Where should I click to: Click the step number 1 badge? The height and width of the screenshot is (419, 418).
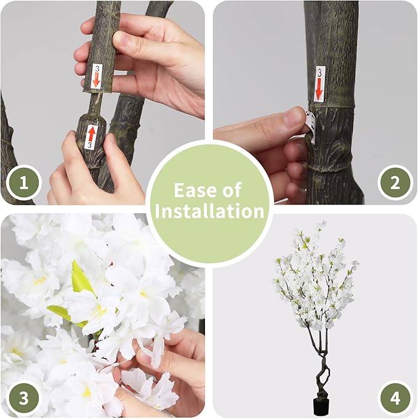tap(23, 182)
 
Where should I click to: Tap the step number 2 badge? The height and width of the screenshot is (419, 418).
tap(395, 182)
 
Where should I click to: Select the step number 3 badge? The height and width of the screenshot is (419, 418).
tap(23, 397)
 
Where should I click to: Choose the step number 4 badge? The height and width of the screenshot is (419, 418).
tap(395, 397)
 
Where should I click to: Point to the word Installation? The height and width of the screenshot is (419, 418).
tap(209, 211)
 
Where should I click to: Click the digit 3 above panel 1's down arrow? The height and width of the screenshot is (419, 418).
tap(96, 68)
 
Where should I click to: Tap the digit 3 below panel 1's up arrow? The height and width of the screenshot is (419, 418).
tap(90, 145)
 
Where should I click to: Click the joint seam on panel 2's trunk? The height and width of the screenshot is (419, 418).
tap(336, 107)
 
